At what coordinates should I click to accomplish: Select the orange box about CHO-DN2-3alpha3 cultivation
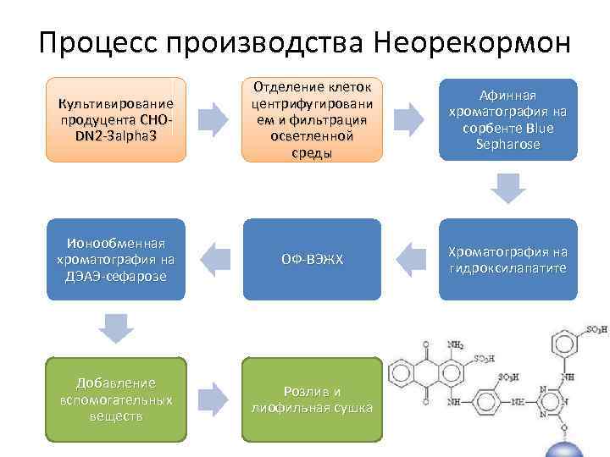click(x=116, y=119)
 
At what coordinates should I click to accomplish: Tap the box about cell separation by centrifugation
click(x=311, y=119)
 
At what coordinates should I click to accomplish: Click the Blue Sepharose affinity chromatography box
click(x=507, y=119)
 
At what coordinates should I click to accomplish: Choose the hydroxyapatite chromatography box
click(x=507, y=259)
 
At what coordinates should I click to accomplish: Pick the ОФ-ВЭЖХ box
click(x=311, y=259)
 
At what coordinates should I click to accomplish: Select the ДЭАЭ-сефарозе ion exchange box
click(x=116, y=259)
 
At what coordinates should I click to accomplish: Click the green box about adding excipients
click(x=116, y=399)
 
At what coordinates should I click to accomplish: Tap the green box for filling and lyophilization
click(x=311, y=399)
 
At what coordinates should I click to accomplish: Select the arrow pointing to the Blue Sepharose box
click(x=410, y=119)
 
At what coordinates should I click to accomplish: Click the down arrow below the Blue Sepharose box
click(x=507, y=189)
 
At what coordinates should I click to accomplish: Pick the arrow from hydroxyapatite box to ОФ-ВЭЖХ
click(x=410, y=259)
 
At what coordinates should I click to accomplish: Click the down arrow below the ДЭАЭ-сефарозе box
click(x=116, y=328)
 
